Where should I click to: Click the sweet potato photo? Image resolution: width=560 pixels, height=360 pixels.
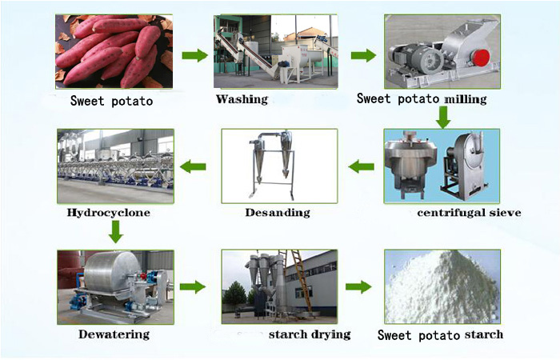(x=114, y=51)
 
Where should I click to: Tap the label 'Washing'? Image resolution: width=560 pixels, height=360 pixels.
(x=242, y=99)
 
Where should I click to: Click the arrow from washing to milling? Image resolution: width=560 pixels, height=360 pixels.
(x=364, y=56)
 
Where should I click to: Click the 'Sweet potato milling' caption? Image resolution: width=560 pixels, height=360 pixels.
(x=421, y=100)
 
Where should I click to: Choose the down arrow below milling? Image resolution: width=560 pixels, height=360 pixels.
(x=442, y=118)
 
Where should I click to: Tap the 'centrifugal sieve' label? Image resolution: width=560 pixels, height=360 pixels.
(x=469, y=213)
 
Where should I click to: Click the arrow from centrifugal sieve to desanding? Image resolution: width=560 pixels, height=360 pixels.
(x=362, y=166)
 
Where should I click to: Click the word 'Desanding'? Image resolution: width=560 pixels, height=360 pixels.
(x=277, y=213)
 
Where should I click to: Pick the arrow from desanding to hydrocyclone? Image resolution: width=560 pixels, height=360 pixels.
(x=193, y=166)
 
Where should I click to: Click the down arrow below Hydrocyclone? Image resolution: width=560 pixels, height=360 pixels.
(x=115, y=232)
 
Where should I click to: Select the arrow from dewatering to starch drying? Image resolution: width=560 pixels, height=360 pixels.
(x=192, y=286)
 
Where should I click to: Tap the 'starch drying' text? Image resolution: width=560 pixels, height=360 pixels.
(x=310, y=334)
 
